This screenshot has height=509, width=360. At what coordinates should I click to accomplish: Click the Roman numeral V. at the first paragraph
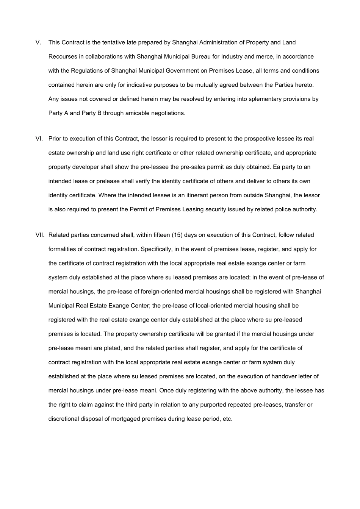click(38, 42)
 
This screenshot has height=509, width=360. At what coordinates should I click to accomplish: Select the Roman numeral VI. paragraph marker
click(39, 139)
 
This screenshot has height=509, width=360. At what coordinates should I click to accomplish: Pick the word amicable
click(139, 113)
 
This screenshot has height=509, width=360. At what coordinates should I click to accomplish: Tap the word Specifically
click(156, 249)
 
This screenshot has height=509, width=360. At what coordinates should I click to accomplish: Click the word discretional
click(64, 419)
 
